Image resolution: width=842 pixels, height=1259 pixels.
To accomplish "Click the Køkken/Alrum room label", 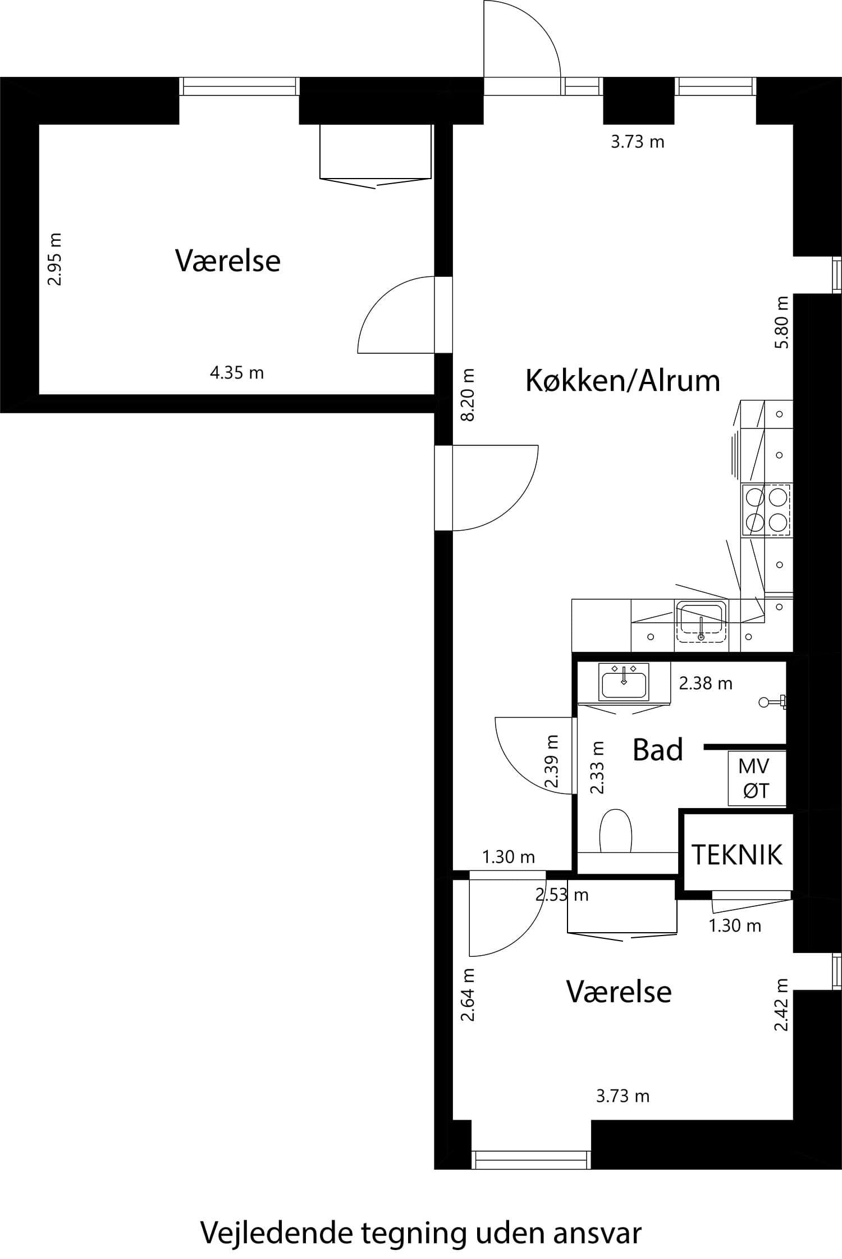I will [x=623, y=381].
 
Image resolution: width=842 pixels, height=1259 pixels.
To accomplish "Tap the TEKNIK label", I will [x=736, y=854].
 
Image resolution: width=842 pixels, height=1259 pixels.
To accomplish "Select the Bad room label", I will [x=657, y=750].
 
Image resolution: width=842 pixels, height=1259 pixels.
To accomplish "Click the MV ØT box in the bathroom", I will [x=756, y=778].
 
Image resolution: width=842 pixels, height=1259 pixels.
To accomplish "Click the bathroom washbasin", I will [x=624, y=682].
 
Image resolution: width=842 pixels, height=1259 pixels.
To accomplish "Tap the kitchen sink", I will [x=701, y=621].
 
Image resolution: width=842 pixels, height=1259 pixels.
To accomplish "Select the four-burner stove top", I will [x=766, y=510].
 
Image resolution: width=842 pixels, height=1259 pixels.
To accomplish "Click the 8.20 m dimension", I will [x=467, y=394].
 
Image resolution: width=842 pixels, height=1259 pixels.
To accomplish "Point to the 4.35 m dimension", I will [x=237, y=372].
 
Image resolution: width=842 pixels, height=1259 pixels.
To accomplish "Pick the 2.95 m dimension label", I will [x=54, y=259].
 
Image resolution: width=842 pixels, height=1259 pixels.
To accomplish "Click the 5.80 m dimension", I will [x=781, y=322].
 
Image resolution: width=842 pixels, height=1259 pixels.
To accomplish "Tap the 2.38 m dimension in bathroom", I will [x=706, y=683].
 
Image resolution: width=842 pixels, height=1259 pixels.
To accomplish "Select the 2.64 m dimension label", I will [x=467, y=995].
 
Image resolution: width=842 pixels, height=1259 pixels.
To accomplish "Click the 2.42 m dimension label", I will [x=781, y=1004].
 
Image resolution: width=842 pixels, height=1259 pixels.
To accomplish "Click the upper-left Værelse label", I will [x=227, y=261].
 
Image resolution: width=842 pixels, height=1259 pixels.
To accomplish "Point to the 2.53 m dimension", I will [x=562, y=895].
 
